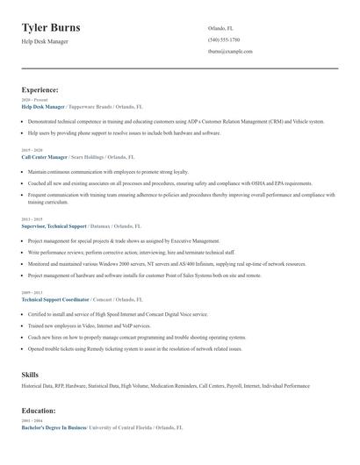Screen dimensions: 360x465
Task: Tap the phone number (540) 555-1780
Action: (224, 39)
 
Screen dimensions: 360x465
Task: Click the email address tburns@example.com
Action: (230, 52)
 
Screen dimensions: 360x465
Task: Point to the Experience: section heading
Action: (40, 89)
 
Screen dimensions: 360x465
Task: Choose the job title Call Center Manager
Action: (44, 155)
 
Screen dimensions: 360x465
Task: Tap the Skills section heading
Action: (30, 375)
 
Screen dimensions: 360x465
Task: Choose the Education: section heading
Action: (39, 410)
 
